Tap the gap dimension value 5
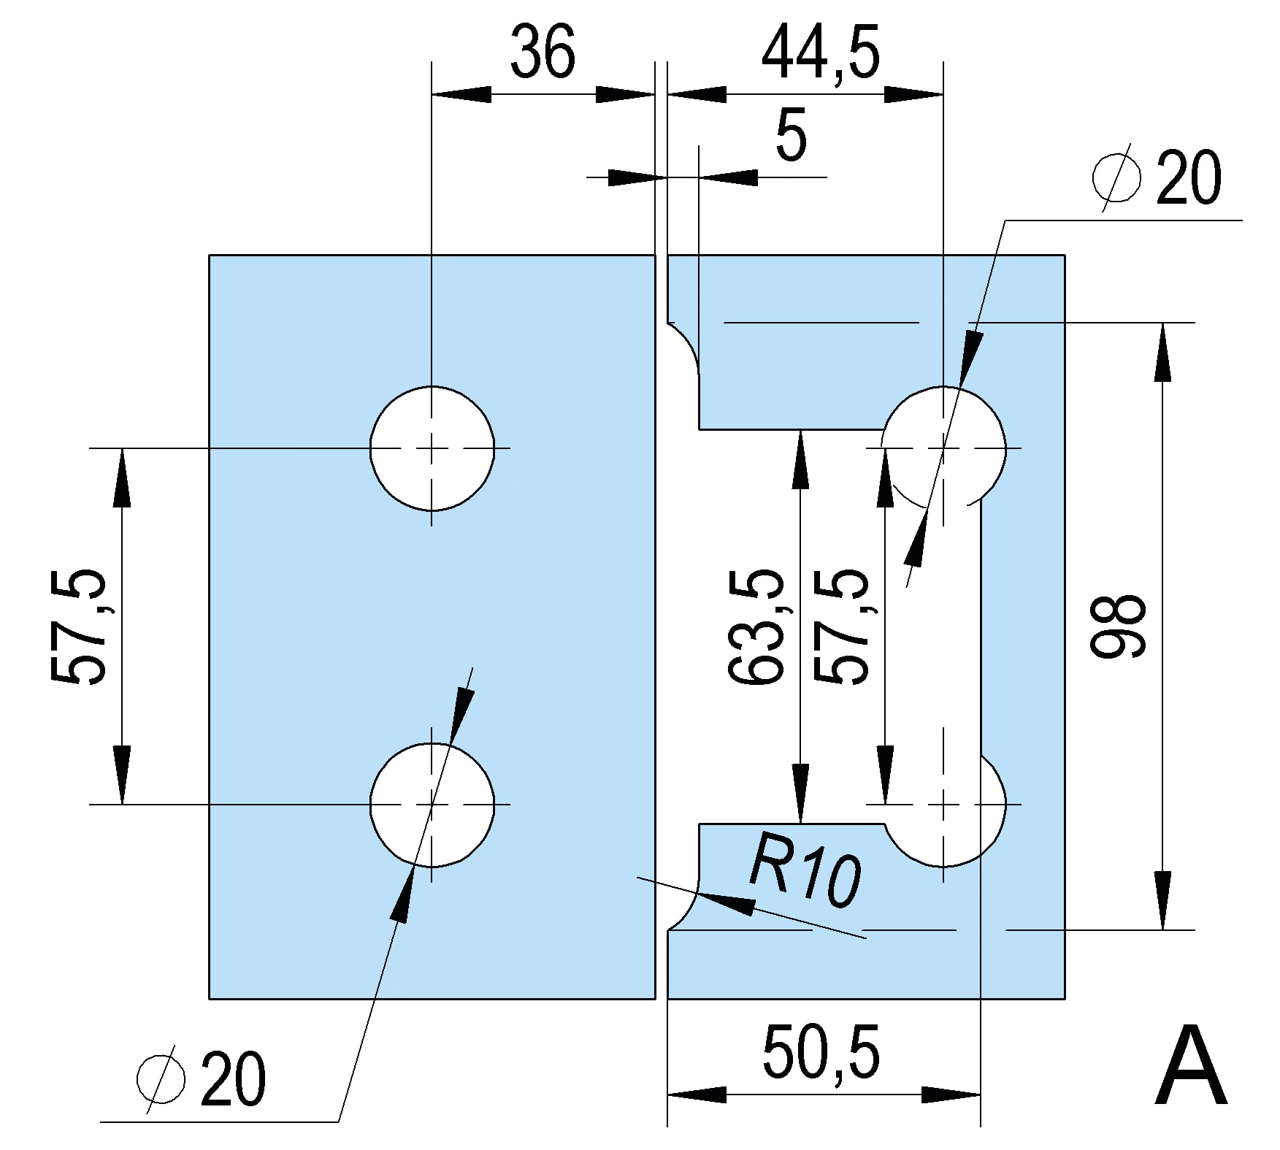pos(791,136)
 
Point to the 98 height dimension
pos(1118,626)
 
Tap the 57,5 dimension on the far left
pos(79,626)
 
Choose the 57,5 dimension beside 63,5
pos(841,626)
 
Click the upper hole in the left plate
pos(432,448)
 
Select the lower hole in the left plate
pos(432,805)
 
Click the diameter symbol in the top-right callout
pos(1116,177)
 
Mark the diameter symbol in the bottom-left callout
pos(161,1079)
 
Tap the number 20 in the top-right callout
pos(1187,177)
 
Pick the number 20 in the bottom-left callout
pos(233,1079)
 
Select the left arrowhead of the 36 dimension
pos(461,95)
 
